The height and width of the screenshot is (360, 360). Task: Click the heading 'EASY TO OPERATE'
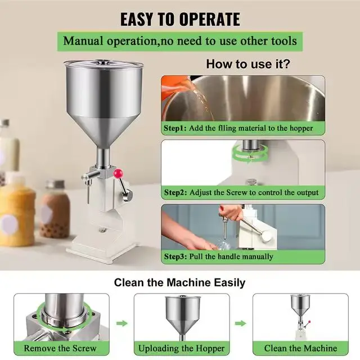(179, 19)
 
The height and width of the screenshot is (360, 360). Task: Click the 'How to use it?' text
(247, 64)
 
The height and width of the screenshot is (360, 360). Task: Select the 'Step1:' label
(175, 128)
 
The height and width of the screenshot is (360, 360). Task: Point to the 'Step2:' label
(175, 192)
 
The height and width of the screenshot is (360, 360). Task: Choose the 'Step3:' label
(175, 256)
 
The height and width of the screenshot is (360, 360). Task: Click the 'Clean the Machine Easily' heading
(179, 282)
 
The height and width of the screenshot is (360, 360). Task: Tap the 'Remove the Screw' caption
(57, 348)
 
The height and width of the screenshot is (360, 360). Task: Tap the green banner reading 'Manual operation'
(179, 41)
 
